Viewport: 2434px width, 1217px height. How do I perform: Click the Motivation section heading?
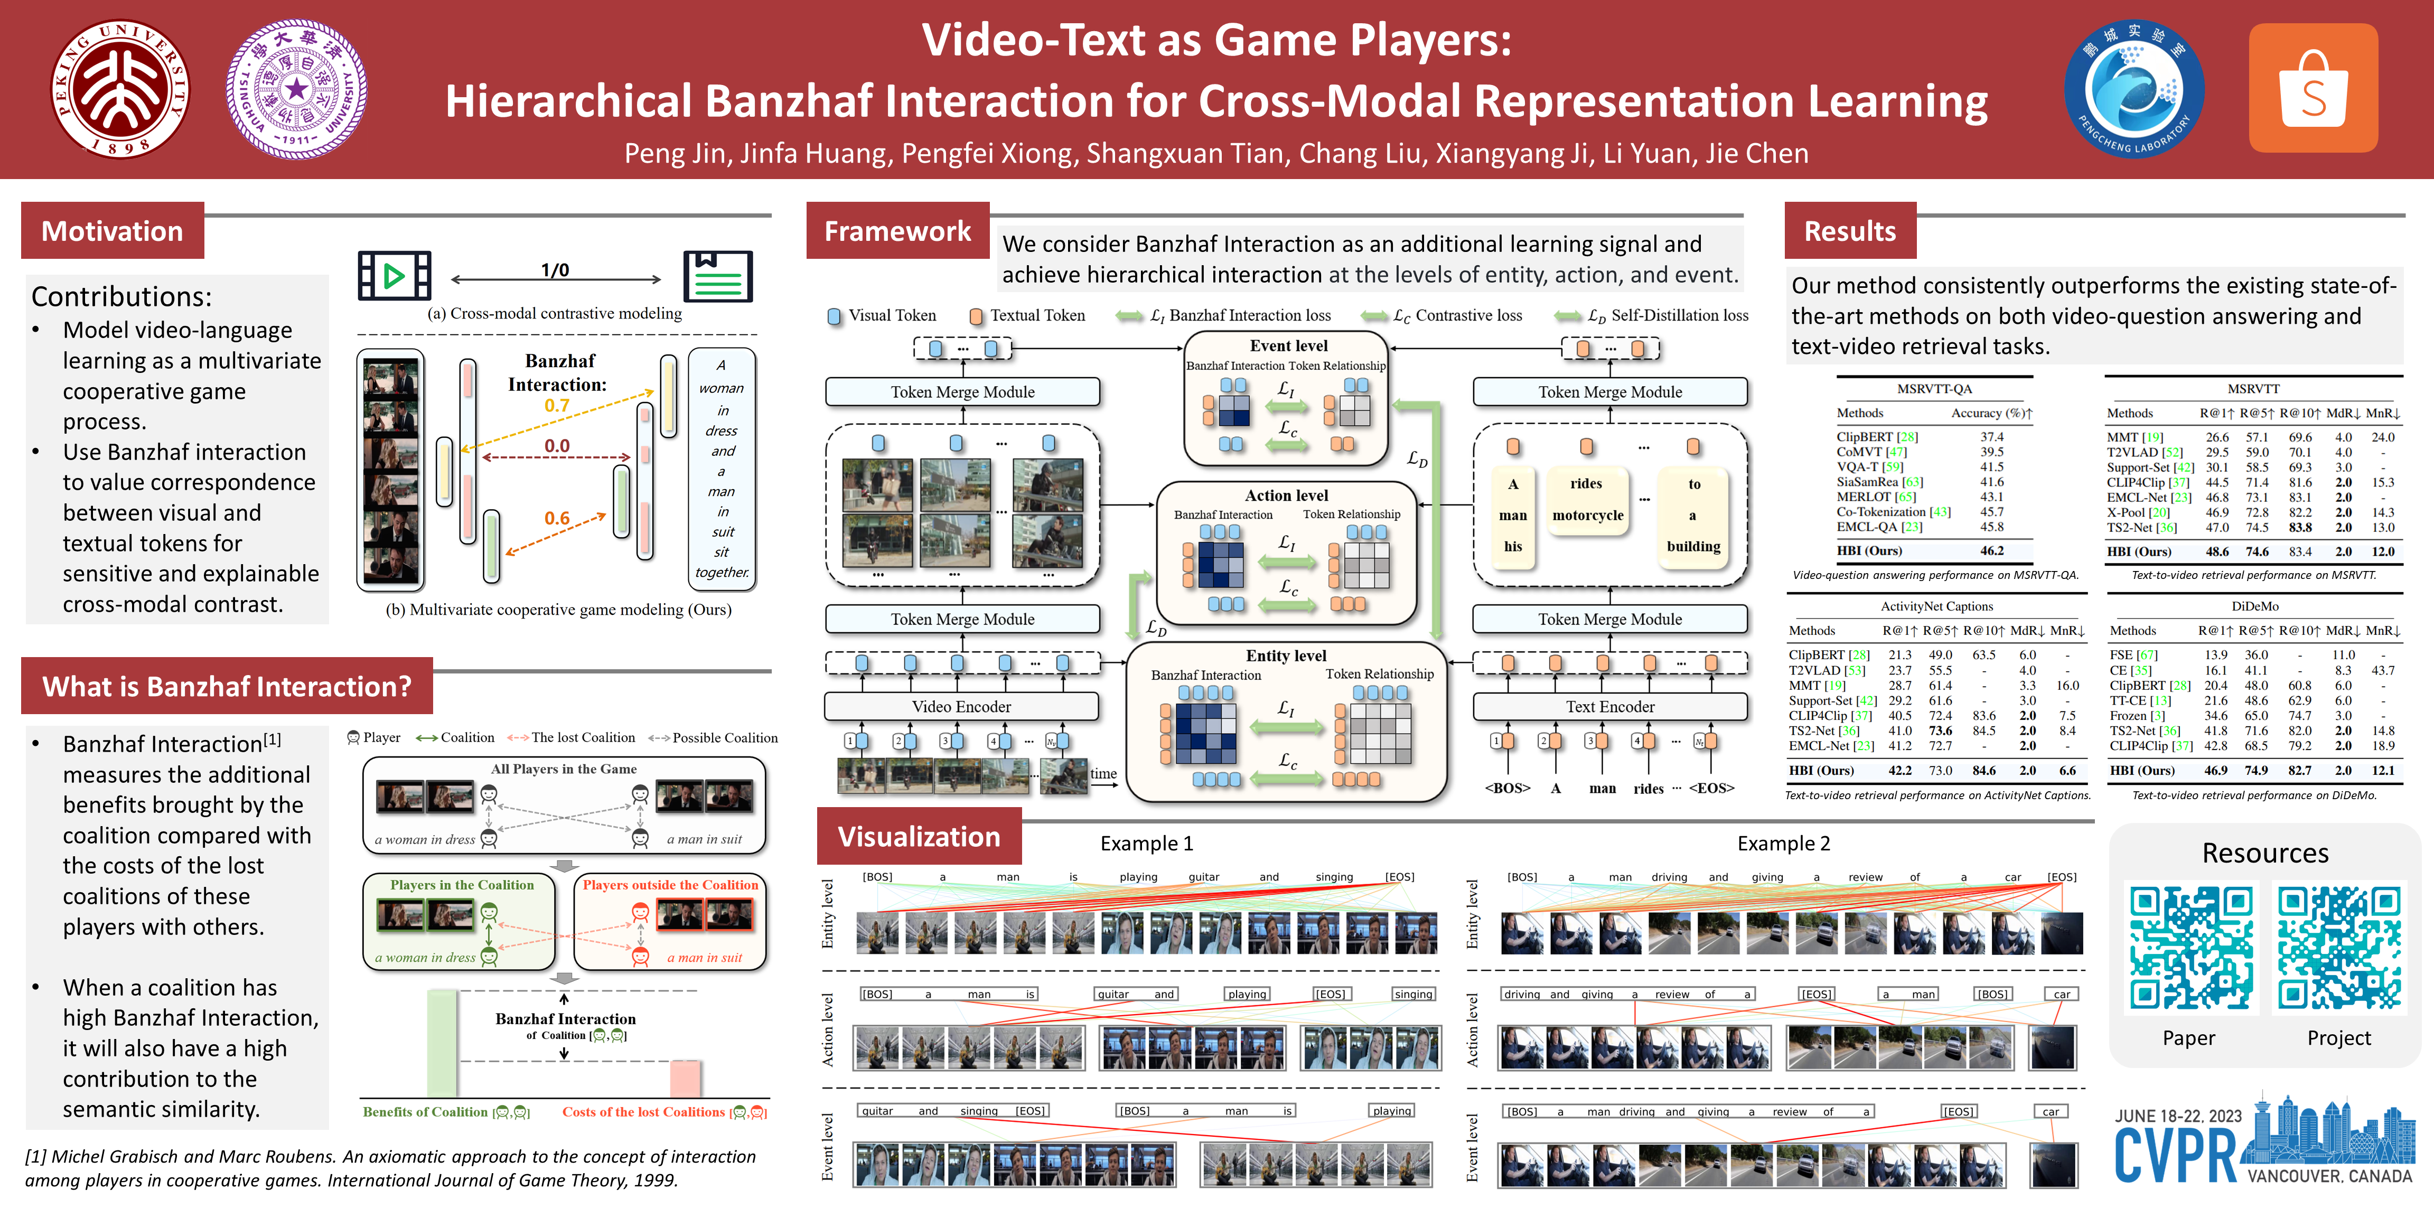click(113, 231)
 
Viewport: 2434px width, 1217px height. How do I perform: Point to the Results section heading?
click(1849, 231)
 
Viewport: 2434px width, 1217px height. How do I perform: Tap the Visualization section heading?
click(919, 836)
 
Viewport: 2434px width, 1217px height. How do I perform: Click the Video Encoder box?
click(961, 707)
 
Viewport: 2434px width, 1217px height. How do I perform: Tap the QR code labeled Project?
click(2338, 948)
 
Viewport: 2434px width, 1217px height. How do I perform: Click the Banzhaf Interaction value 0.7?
click(557, 406)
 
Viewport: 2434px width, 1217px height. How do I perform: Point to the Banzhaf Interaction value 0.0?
click(557, 446)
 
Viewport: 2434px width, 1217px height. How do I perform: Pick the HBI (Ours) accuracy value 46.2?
click(1992, 551)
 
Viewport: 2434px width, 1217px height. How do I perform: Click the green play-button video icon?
click(394, 276)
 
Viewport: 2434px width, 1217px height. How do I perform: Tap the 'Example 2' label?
click(1783, 844)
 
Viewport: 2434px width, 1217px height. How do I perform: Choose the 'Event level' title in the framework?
click(1288, 346)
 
